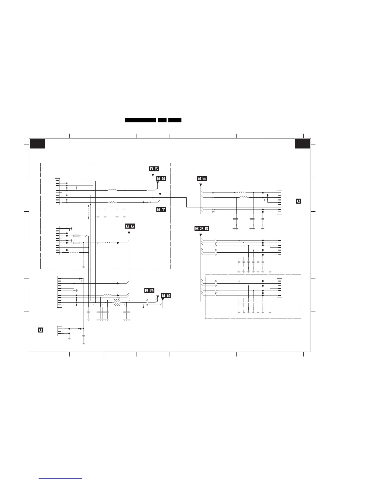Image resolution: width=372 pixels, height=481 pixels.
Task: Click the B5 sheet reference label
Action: pos(202,178)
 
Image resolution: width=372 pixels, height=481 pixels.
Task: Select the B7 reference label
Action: pos(161,210)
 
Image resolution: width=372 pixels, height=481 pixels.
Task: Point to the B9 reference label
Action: pos(149,291)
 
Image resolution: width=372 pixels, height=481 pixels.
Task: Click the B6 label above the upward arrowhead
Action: pos(130,226)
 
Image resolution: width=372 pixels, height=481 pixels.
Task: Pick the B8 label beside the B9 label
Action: pos(166,295)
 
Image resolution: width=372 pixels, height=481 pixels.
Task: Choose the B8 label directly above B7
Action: pos(161,179)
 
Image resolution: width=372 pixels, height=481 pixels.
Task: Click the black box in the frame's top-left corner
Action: pos(37,144)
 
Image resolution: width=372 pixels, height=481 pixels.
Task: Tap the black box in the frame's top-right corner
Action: pos(302,144)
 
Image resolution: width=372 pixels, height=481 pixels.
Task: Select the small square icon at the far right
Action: pos(298,201)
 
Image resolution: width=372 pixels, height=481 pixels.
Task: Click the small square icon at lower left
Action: pos(40,330)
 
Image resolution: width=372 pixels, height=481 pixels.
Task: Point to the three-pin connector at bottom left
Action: pos(60,331)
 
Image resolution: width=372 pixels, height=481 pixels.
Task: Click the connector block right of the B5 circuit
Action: pos(279,202)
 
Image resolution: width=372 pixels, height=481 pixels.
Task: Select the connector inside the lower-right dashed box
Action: pos(279,288)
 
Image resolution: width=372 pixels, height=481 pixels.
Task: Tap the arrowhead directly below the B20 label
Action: pos(201,235)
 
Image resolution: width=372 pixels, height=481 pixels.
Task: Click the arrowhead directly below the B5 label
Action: pos(201,185)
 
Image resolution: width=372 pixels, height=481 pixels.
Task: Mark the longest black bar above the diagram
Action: pos(140,120)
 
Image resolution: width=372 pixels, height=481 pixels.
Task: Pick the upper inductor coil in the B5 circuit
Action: pos(241,193)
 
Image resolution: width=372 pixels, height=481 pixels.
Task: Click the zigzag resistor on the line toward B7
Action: pos(112,202)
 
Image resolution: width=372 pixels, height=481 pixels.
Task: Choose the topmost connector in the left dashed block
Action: pos(57,192)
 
